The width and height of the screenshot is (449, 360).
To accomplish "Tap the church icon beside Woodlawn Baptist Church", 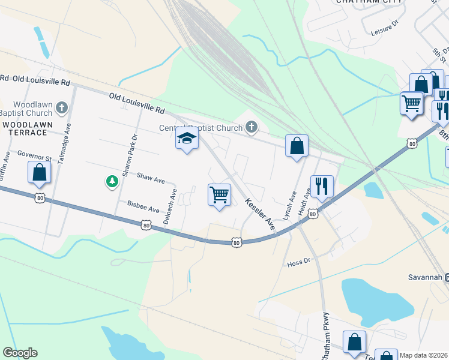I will click(61, 109).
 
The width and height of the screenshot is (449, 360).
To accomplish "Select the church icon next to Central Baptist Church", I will click(252, 127).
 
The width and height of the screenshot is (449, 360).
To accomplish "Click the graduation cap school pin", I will click(187, 139).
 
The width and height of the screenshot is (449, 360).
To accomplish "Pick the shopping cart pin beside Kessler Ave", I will click(220, 194).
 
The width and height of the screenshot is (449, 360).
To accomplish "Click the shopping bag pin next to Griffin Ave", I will click(39, 172).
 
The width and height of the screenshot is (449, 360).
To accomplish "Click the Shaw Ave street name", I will click(151, 178).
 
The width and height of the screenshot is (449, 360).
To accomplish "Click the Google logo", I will click(20, 352).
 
